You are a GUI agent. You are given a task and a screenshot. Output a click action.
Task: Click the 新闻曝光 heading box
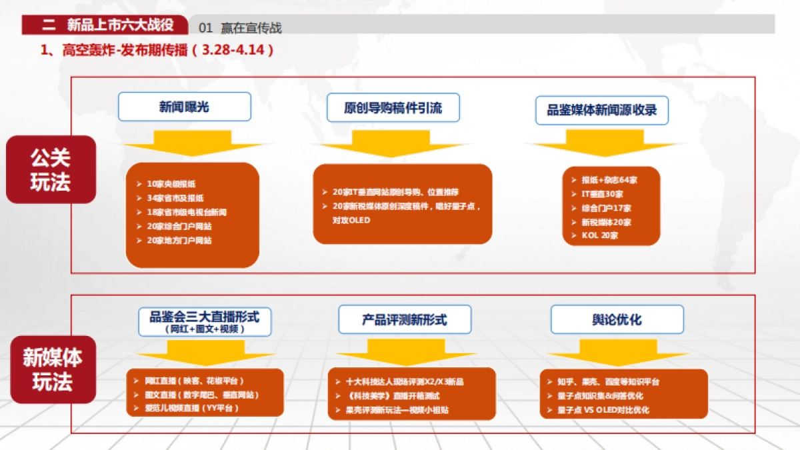pyautogui.click(x=185, y=107)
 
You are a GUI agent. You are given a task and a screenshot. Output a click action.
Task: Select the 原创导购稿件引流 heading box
pyautogui.click(x=393, y=107)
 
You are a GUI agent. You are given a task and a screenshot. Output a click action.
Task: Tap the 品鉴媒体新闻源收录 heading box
pyautogui.click(x=602, y=110)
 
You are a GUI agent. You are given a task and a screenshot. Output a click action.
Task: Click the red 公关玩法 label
pyautogui.click(x=51, y=169)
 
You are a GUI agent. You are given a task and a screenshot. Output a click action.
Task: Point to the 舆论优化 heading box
pyautogui.click(x=617, y=319)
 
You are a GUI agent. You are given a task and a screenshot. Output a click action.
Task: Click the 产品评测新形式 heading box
pyautogui.click(x=405, y=319)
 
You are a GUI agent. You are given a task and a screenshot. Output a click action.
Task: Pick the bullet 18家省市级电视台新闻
pyautogui.click(x=187, y=212)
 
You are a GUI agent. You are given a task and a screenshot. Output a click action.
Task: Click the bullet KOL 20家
pyautogui.click(x=600, y=236)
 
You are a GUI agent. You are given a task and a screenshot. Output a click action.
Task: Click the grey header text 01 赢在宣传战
pyautogui.click(x=241, y=27)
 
